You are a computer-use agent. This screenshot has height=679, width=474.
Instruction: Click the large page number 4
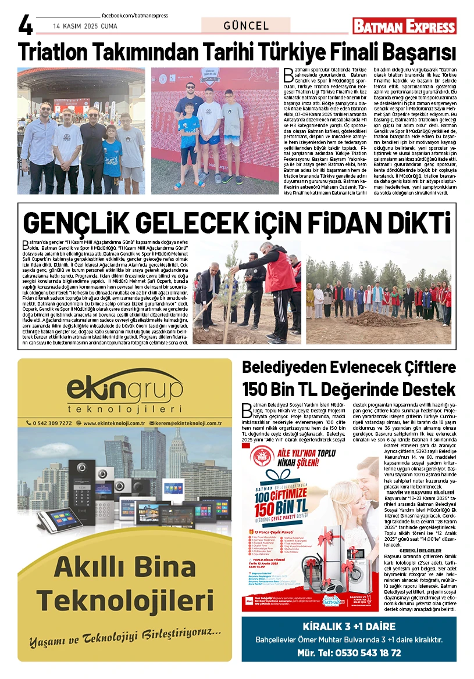coord(25,26)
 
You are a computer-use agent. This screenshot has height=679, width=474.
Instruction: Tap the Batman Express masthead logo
coord(405,26)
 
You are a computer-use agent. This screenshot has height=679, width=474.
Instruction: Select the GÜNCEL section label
coord(246,26)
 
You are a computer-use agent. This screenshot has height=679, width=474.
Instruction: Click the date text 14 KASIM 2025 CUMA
coord(85,26)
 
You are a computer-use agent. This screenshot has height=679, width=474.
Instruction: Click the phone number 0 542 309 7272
coord(49,423)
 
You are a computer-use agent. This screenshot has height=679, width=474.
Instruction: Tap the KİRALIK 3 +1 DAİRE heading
coord(349,627)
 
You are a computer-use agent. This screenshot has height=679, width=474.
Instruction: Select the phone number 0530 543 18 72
coord(365,653)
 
